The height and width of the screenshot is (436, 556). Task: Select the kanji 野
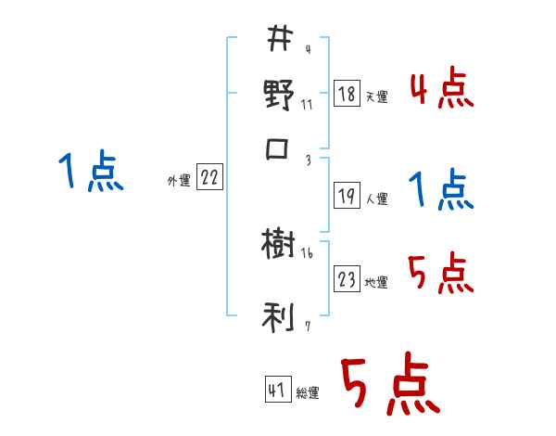(x=279, y=96)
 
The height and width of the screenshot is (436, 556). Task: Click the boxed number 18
(x=346, y=95)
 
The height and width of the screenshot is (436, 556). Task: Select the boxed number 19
(x=346, y=197)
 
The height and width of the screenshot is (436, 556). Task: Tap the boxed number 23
(x=346, y=280)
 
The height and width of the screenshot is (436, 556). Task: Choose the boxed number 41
(x=277, y=391)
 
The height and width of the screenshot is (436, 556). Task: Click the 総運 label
(x=308, y=393)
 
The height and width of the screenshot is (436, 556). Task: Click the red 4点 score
(x=441, y=91)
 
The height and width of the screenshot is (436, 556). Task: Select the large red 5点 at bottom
(x=388, y=385)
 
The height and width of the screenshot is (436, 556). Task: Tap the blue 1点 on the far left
(x=90, y=173)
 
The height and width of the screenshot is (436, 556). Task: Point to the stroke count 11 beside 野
(x=307, y=104)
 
